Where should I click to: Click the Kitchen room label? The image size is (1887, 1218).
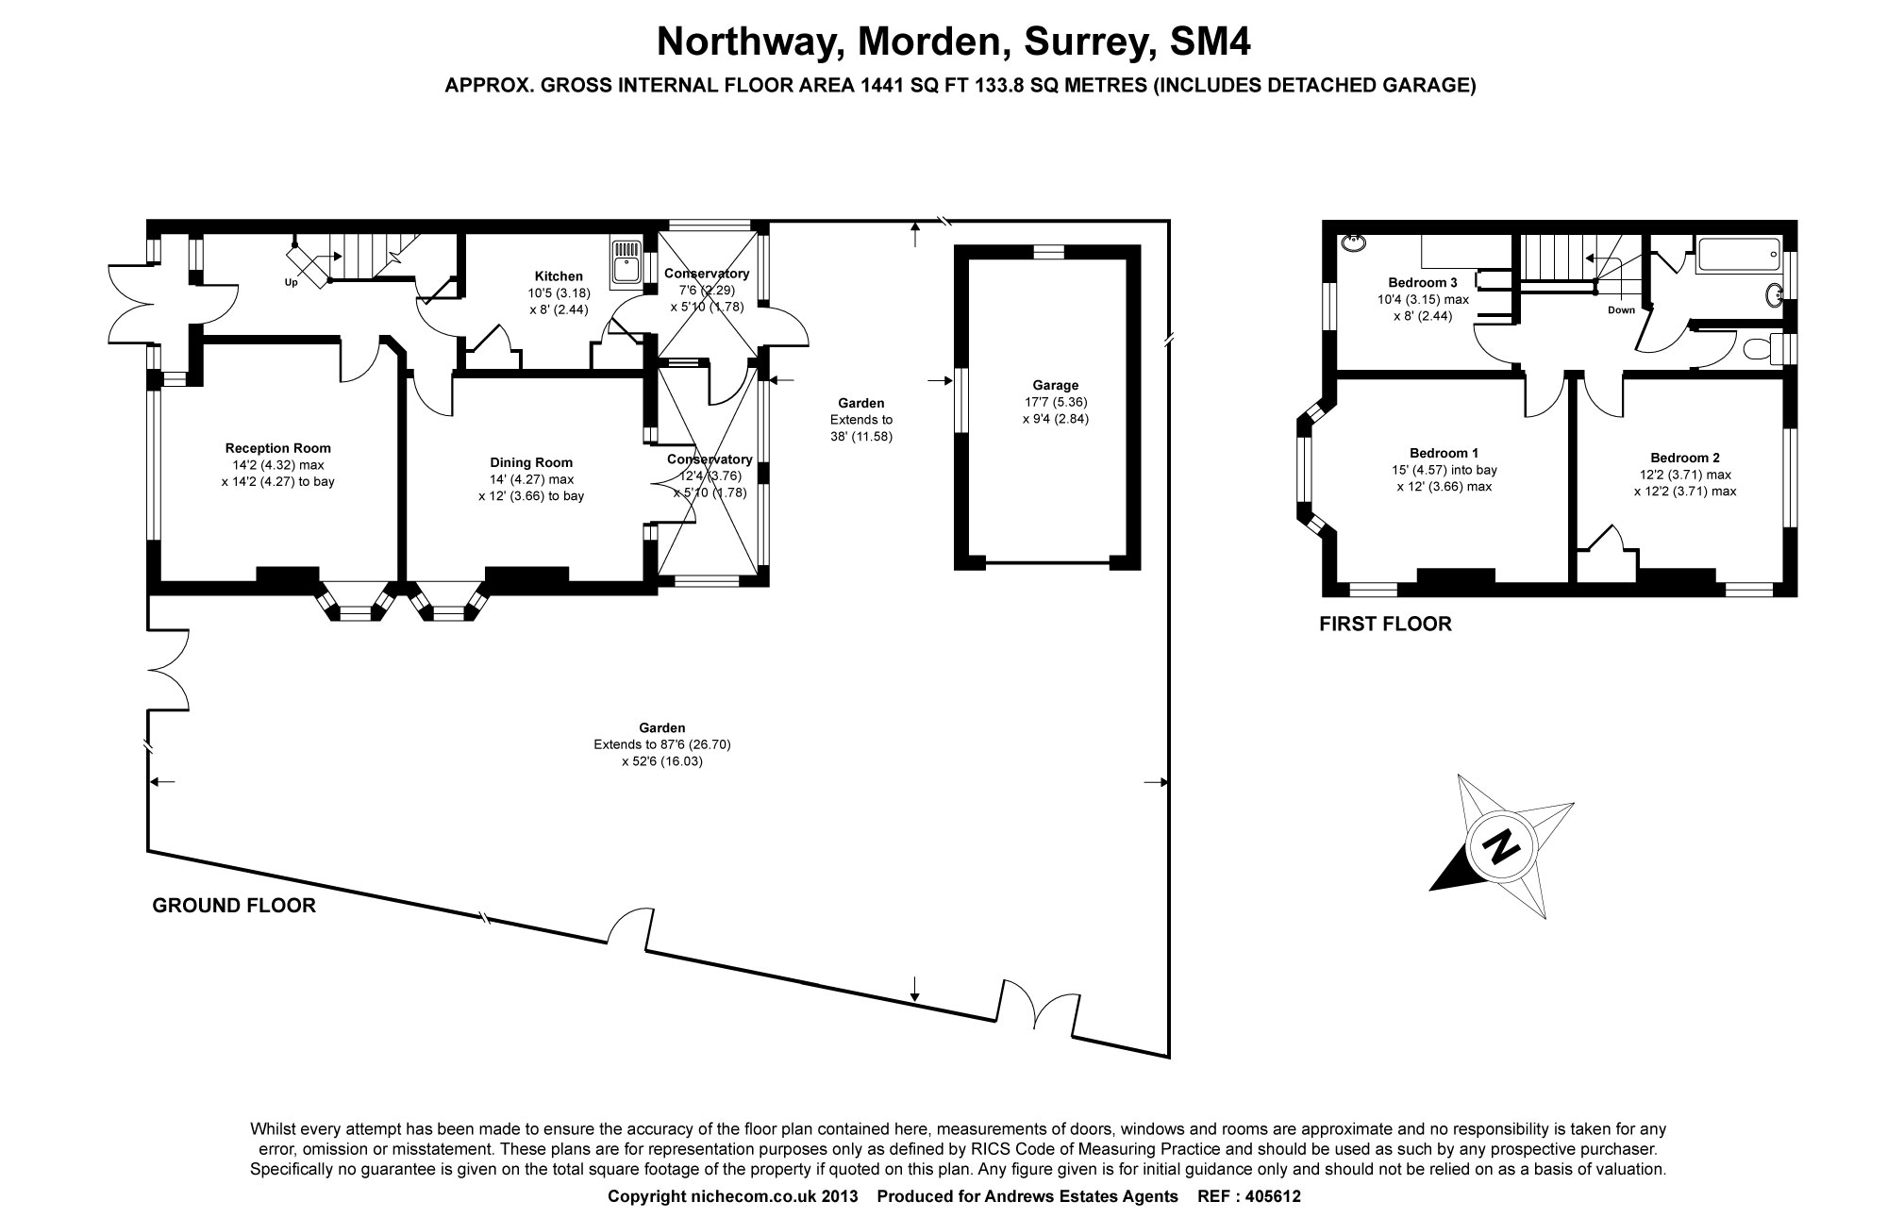pos(559,276)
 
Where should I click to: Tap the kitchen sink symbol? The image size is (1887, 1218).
pos(627,261)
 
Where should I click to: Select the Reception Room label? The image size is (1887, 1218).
pos(277,448)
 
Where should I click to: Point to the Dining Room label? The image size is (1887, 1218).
pos(530,462)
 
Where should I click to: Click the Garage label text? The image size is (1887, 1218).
pos(1055,385)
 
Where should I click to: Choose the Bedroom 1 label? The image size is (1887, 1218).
pos(1444,453)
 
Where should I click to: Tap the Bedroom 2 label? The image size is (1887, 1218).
pos(1684,458)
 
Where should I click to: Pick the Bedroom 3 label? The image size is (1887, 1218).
pos(1423,282)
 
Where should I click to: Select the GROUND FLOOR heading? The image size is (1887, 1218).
pos(234,906)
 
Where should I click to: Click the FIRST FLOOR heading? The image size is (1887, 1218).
pos(1385,624)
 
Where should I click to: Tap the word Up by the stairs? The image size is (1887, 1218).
pos(291,282)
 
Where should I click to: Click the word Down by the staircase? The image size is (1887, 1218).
pos(1621,309)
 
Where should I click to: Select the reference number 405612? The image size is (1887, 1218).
pos(1274,1196)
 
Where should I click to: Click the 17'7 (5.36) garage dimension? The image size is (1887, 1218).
pos(1055,402)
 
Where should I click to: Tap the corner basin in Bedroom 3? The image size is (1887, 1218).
pos(1353,241)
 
